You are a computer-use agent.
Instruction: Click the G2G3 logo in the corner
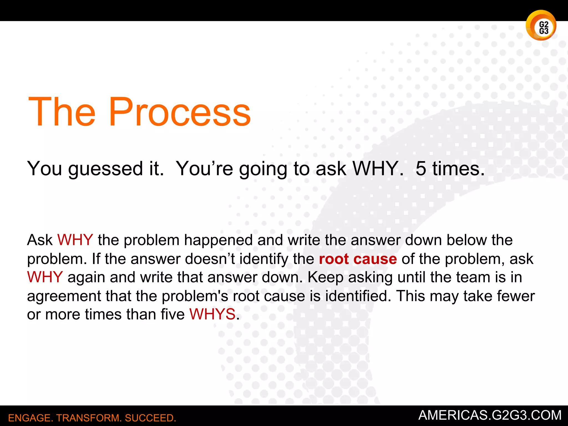pos(541,26)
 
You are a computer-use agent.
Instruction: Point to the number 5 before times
pos(421,168)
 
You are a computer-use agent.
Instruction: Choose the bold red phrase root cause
pos(358,259)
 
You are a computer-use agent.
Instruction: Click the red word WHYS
pos(212,314)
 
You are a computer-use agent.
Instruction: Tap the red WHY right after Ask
pos(75,240)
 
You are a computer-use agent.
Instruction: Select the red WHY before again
pos(45,277)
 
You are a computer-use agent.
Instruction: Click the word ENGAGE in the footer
pos(29,418)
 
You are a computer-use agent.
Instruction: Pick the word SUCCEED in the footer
pos(150,418)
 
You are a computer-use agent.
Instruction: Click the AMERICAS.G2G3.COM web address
pos(490,415)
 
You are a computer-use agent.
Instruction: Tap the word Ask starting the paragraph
pos(40,240)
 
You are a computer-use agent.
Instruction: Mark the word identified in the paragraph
pos(358,296)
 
